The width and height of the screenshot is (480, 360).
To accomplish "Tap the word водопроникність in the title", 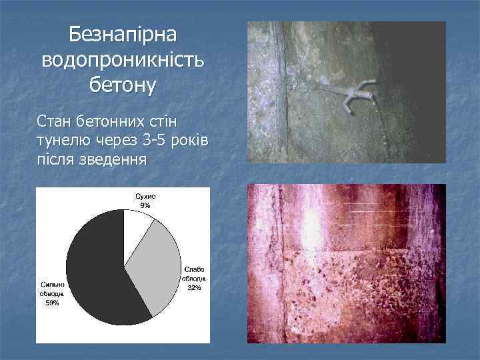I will [x=124, y=60].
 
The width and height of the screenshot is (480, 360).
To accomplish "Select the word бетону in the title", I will [x=123, y=85].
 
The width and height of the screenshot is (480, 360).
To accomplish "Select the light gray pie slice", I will [x=157, y=267].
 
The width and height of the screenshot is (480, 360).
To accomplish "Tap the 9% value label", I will [x=145, y=205].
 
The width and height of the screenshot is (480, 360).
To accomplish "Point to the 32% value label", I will [x=194, y=287].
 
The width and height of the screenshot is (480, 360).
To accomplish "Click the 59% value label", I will [x=52, y=303].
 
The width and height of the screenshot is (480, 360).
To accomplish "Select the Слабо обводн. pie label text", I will [x=194, y=273].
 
